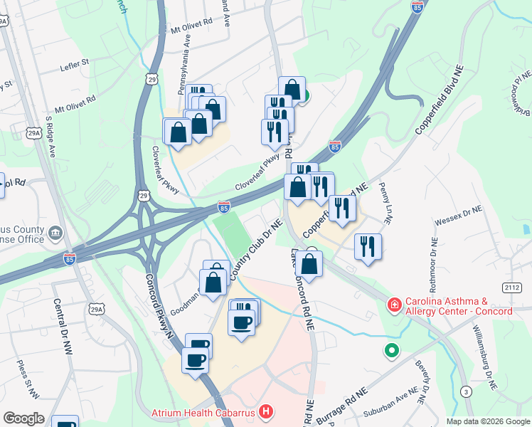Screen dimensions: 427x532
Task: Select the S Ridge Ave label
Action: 50,136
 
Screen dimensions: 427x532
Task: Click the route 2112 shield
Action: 511,288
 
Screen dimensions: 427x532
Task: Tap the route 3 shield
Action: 465,392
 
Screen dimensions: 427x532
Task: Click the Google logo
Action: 23,418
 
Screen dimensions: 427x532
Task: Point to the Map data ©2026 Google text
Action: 487,421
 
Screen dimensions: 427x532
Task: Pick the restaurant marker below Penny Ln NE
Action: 368,247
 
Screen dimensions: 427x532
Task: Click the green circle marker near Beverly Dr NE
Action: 390,350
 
